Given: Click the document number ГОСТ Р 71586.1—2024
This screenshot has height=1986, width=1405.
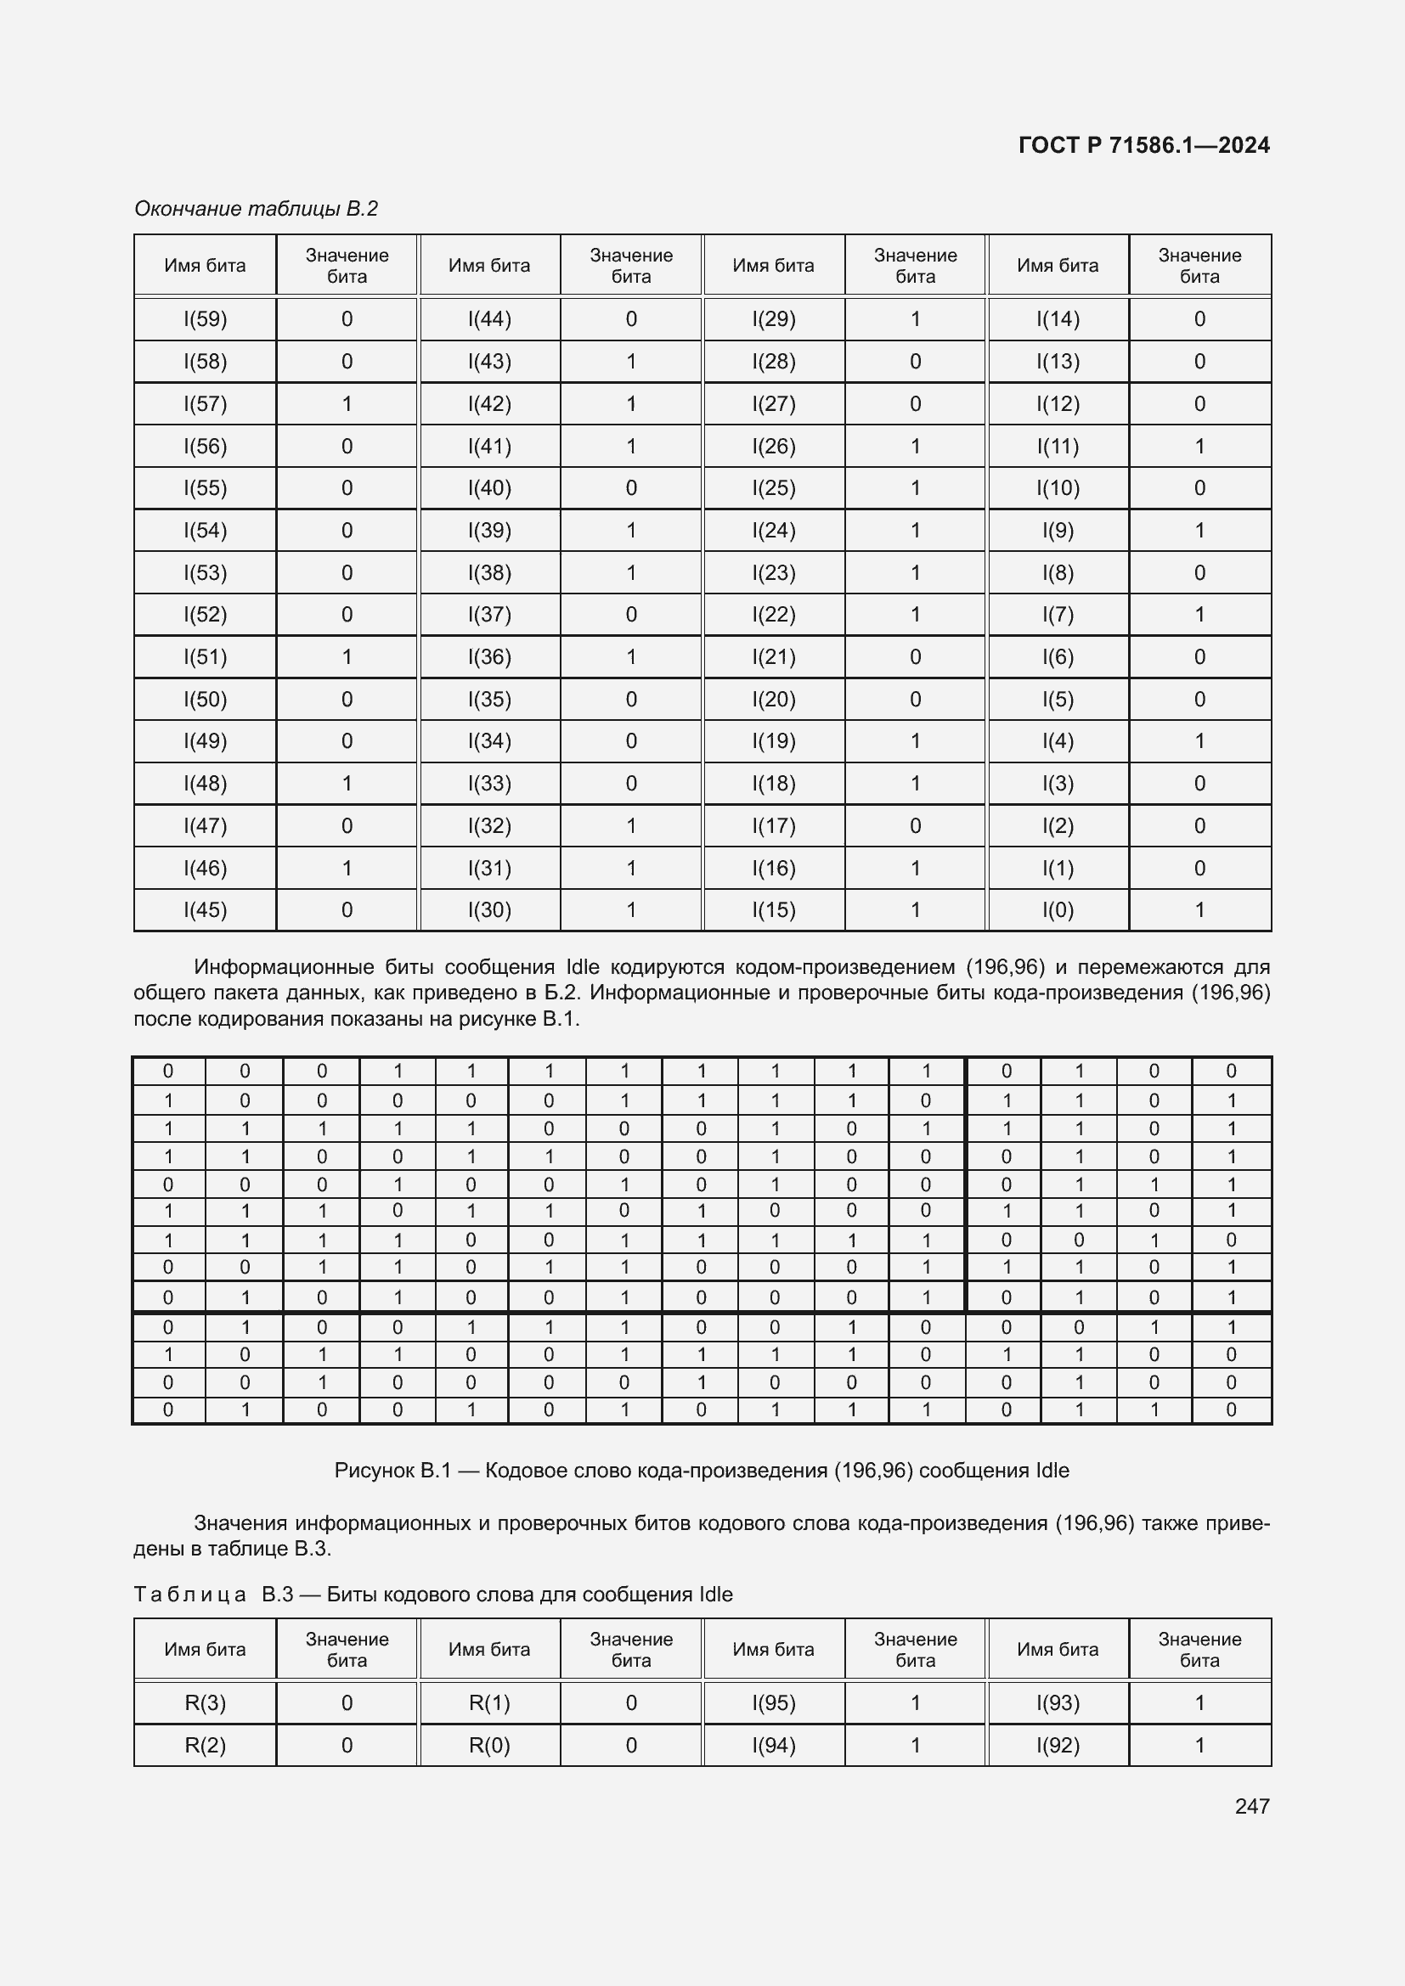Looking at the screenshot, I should [x=1143, y=145].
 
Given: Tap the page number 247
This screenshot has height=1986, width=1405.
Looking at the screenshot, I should [x=1252, y=1805].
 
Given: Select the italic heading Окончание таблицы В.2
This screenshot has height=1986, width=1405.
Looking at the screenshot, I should [x=256, y=209].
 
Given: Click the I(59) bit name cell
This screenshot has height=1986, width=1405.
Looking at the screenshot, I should [x=205, y=319].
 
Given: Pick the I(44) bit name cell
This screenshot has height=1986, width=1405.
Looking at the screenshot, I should [x=488, y=319].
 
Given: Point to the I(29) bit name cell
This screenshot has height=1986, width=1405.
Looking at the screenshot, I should [x=774, y=319].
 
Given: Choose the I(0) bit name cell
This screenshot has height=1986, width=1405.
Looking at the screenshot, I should [x=1058, y=910].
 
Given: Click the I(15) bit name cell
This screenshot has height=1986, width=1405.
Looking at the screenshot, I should [x=774, y=910].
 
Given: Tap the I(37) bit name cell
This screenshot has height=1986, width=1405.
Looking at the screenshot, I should [x=488, y=615].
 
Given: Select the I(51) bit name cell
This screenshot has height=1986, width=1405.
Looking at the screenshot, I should [x=205, y=657].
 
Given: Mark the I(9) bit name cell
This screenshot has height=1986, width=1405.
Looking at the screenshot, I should [x=1058, y=530].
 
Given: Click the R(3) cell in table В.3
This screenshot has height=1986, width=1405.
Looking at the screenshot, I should [x=205, y=1702].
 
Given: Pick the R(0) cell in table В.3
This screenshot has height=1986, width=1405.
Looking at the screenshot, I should [x=488, y=1745].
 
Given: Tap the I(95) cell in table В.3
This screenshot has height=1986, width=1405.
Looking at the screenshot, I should [x=774, y=1702].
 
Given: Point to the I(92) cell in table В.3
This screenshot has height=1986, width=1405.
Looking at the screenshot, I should [x=1058, y=1745].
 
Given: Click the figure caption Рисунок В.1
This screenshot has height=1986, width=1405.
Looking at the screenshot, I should [x=702, y=1471].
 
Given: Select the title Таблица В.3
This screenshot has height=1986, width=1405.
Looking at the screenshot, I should [x=432, y=1595].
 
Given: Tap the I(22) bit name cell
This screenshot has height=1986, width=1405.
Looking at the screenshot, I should [x=774, y=615].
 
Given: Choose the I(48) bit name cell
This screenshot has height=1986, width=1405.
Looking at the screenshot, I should [x=205, y=784].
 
